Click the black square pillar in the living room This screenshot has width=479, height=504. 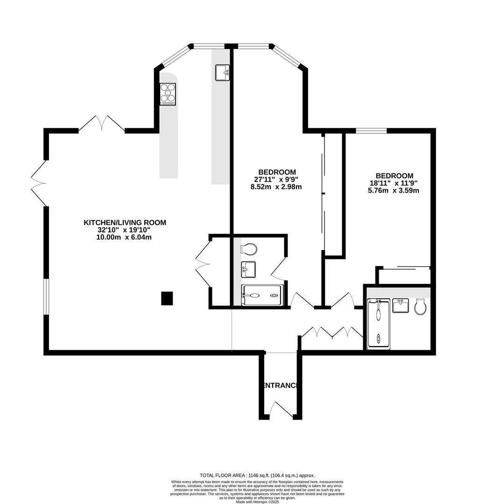167,298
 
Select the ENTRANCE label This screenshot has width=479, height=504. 279,385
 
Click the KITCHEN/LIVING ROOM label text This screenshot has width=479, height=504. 125,223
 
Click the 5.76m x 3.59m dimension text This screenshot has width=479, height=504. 394,190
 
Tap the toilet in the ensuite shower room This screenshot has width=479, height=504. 249,249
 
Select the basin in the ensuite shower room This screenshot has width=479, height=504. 248,269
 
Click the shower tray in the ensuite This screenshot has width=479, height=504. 262,295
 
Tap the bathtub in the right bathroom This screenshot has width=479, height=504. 378,324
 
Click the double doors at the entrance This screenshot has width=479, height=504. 279,410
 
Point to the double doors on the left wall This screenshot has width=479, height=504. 39,182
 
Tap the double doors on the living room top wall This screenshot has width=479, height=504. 101,123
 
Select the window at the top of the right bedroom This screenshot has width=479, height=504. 371,131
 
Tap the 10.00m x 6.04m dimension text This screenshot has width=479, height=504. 124,237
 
